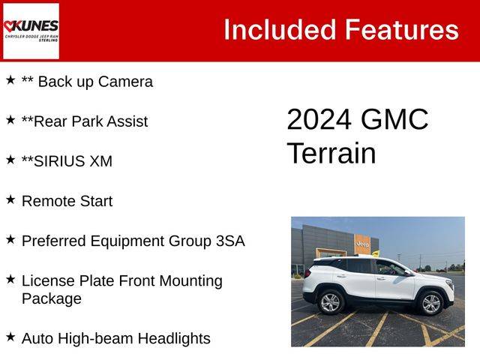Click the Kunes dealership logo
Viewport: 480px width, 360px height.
[x=31, y=31]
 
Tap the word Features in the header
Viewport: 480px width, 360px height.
[x=402, y=30]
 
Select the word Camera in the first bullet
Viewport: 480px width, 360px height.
[x=125, y=82]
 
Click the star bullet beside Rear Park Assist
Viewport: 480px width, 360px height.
[x=10, y=120]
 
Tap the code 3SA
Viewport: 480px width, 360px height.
[x=230, y=241]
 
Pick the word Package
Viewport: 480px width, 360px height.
[x=52, y=299]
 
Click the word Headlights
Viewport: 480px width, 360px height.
[x=174, y=339]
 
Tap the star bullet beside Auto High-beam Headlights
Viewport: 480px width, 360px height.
[x=10, y=337]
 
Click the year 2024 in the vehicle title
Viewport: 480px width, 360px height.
[x=319, y=119]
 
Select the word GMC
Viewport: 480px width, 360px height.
[x=394, y=119]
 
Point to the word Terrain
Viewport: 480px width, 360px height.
[x=331, y=153]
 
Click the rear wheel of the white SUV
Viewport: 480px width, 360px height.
[x=330, y=302]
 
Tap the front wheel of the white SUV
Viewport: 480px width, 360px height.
[x=431, y=303]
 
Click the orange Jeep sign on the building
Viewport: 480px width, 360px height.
[x=361, y=244]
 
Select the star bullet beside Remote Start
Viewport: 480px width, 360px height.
[x=10, y=199]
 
